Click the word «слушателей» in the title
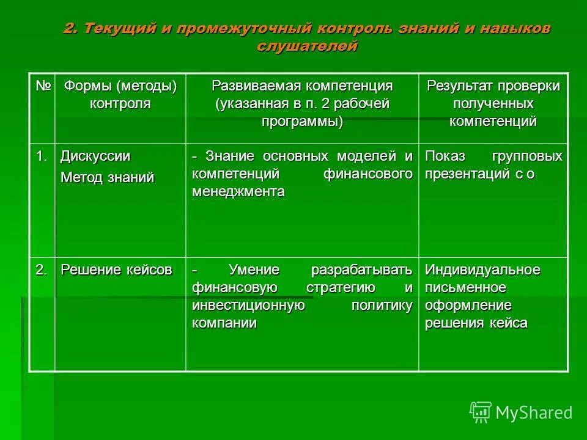[x=307, y=46]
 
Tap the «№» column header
[x=42, y=86]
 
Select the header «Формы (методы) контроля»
[x=120, y=94]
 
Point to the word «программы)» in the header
[x=302, y=121]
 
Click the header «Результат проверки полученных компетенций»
[x=493, y=103]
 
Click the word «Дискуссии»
[x=95, y=156]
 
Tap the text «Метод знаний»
[x=107, y=178]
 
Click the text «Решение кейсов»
[x=116, y=270]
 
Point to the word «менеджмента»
[x=238, y=192]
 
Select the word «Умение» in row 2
[x=254, y=270]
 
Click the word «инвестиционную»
[x=248, y=306]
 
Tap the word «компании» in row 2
[x=224, y=323]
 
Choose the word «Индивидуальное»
[x=482, y=270]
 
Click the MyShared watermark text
[x=534, y=413]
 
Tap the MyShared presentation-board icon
[x=481, y=413]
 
